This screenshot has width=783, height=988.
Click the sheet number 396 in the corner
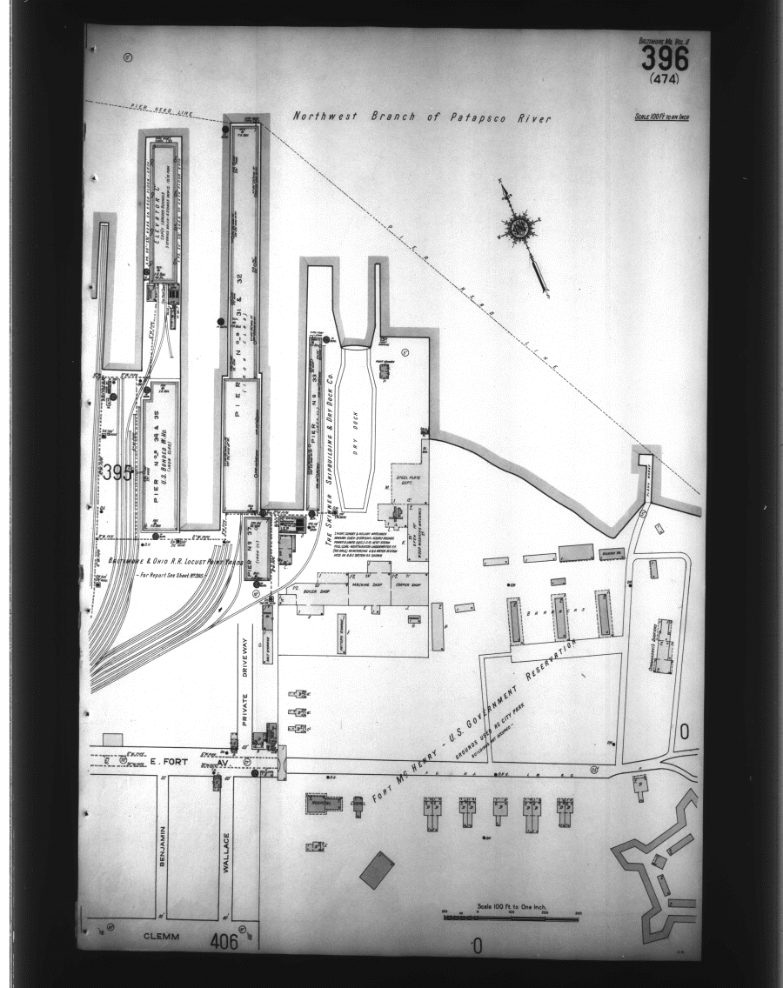665,59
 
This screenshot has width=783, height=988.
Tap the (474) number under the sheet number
665,79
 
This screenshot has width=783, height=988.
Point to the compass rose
519,228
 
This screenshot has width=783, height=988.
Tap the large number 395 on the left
117,473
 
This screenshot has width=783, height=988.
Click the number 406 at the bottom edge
224,940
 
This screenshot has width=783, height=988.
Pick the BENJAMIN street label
162,846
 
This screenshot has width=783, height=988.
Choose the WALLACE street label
227,852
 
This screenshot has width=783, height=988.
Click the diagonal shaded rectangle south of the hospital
377,870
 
